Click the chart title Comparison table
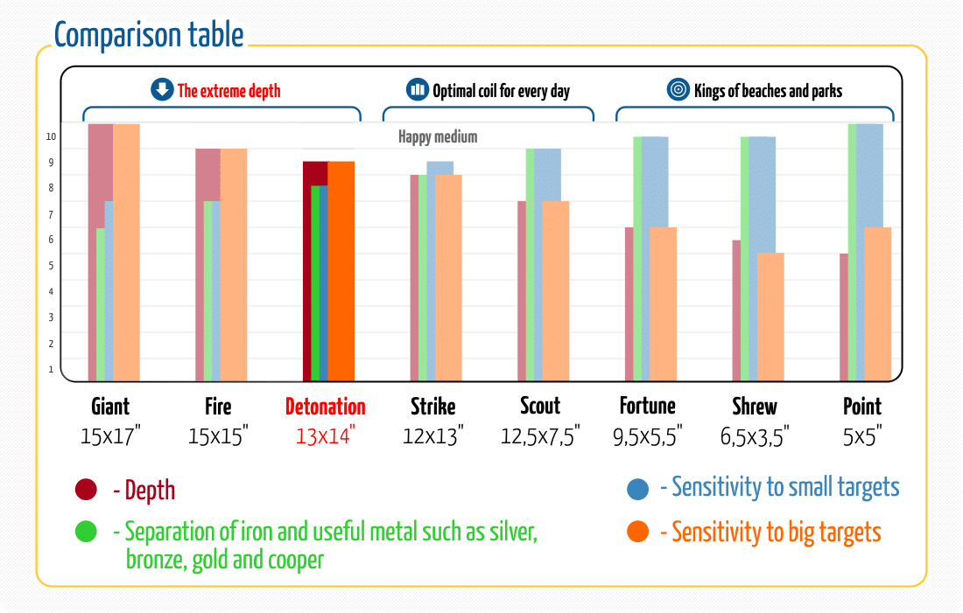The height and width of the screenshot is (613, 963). click(x=149, y=35)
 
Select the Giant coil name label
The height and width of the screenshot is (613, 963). click(x=110, y=407)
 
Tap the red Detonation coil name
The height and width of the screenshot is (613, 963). click(x=325, y=407)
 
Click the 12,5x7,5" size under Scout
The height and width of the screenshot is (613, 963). click(x=540, y=435)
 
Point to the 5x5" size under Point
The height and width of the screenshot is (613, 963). click(x=862, y=435)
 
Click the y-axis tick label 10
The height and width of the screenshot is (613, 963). click(x=52, y=136)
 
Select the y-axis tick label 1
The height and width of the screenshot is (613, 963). click(x=52, y=369)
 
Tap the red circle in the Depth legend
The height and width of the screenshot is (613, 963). click(x=86, y=491)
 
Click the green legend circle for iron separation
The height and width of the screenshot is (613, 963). click(x=86, y=532)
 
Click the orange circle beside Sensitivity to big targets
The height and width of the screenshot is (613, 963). click(x=638, y=531)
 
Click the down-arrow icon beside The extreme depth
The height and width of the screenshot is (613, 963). click(x=162, y=90)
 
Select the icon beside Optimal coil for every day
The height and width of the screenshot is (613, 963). click(x=417, y=90)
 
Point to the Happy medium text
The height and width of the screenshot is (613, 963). click(x=438, y=137)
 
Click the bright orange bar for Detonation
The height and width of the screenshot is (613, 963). click(x=341, y=271)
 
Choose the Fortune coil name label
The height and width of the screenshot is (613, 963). click(x=648, y=407)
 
